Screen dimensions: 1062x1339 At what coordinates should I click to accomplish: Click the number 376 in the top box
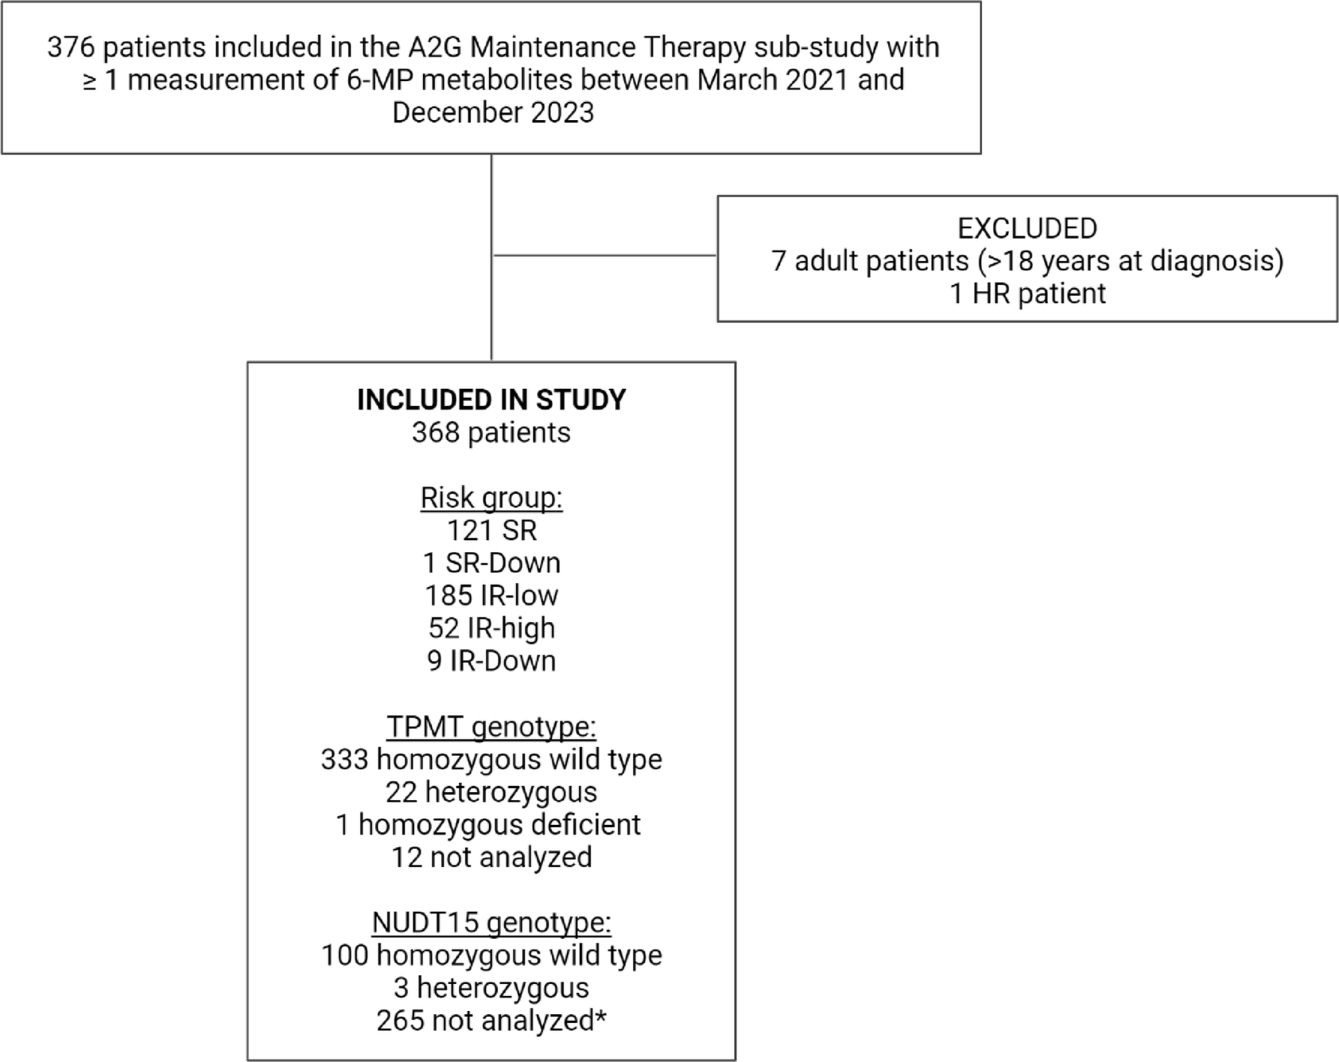[71, 47]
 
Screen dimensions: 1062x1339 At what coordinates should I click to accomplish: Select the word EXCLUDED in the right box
[1027, 229]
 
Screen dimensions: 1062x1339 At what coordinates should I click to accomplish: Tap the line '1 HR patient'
[1027, 294]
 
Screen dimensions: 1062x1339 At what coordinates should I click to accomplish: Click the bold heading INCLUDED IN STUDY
[491, 400]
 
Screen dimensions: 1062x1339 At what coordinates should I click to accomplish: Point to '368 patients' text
[491, 433]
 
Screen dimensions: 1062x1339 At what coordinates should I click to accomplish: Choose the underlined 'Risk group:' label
[491, 498]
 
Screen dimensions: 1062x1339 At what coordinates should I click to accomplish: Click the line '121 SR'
[491, 530]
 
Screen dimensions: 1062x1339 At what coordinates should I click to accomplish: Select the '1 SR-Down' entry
[491, 563]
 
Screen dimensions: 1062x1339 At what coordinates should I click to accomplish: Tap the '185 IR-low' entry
[491, 596]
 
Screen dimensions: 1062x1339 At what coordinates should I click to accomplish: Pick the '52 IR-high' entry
[491, 628]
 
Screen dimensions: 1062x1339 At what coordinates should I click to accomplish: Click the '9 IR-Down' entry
[491, 661]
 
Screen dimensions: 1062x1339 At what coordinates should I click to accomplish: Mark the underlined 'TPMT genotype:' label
[491, 727]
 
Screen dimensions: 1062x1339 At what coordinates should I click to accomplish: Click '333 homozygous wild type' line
[491, 760]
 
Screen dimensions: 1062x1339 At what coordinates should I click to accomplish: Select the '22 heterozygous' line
[491, 792]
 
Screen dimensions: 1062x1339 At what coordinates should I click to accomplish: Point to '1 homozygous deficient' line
[488, 825]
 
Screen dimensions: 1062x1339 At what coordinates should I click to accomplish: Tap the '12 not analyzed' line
[491, 858]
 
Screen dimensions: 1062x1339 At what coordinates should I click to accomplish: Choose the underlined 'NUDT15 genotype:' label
[491, 923]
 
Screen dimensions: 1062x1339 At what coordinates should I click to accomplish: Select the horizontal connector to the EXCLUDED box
[605, 255]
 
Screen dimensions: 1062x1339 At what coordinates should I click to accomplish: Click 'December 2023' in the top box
[492, 113]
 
